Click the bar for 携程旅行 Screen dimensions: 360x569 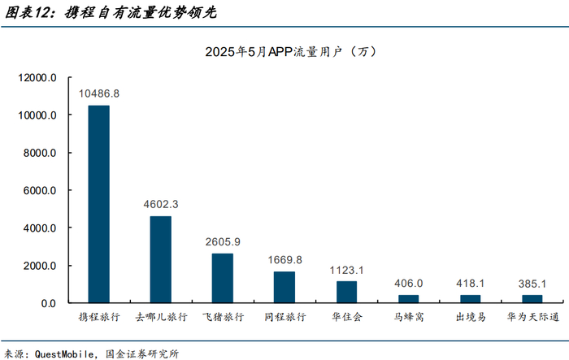click(x=98, y=204)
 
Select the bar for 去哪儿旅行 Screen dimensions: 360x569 click(x=160, y=259)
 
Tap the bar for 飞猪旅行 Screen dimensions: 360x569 click(x=222, y=278)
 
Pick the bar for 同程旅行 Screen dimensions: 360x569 click(x=284, y=287)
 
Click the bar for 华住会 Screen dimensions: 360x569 click(x=346, y=292)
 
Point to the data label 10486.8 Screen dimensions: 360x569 click(x=98, y=94)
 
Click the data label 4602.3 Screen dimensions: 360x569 click(x=160, y=204)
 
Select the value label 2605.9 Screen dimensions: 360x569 click(x=222, y=241)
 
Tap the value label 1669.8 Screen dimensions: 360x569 click(x=284, y=259)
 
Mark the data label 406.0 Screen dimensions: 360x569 click(x=408, y=283)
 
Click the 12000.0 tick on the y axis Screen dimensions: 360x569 click(x=38, y=78)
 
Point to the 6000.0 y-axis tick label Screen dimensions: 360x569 click(x=41, y=191)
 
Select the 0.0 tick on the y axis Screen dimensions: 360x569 click(x=48, y=303)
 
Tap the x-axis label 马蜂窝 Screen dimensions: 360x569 click(x=408, y=317)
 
